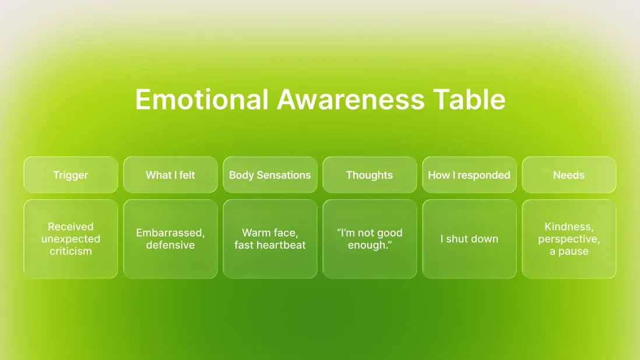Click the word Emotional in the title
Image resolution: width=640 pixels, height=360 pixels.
point(202,100)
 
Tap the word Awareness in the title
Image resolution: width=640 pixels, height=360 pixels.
point(350,100)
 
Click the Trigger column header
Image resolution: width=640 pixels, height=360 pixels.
point(71,175)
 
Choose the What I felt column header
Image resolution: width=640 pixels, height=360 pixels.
point(170,175)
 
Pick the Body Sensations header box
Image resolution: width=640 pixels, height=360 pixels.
point(270,175)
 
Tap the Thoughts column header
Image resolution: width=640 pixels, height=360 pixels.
point(370,175)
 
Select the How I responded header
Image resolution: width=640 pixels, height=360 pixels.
point(469,175)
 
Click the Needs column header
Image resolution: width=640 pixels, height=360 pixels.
point(569,175)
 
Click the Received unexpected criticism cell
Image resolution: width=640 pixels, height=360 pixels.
point(71,239)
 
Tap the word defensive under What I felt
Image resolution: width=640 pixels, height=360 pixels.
point(170,245)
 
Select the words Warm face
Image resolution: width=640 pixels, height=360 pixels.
point(270,233)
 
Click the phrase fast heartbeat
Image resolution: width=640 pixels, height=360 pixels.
point(270,245)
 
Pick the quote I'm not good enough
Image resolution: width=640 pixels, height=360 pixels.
point(370,239)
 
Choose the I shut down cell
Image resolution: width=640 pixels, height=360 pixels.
point(469,239)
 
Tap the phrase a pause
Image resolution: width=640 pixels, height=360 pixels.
point(569,252)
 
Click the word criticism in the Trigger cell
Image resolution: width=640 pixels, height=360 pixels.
point(71,252)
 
